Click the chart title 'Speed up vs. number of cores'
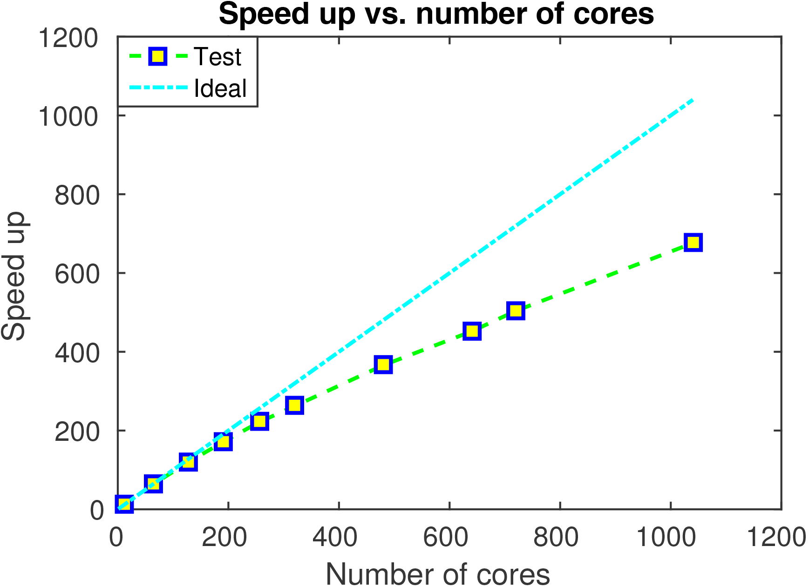tap(436, 14)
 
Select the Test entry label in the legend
tap(217, 57)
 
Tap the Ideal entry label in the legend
tap(220, 88)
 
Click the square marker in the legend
tap(158, 57)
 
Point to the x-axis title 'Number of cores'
tap(437, 574)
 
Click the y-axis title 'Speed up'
tap(14, 276)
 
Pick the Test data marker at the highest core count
tap(693, 243)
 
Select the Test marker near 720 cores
tap(516, 310)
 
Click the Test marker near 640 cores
tap(472, 331)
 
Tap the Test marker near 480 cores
tap(383, 364)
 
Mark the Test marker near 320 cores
tap(294, 405)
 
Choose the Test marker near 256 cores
tap(259, 421)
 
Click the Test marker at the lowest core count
tap(124, 505)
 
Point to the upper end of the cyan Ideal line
tap(693, 100)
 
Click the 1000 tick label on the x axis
tap(666, 538)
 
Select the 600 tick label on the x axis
tap(446, 538)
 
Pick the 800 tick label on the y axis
tap(77, 196)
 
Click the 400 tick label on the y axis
tap(77, 353)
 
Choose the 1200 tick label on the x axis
tap(776, 538)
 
